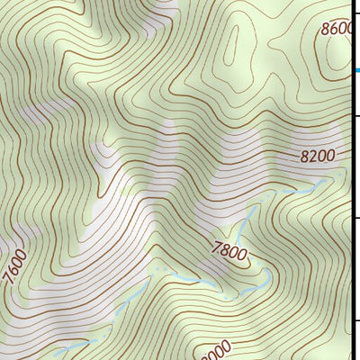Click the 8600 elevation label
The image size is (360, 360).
338,30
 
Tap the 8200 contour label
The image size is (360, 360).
317,156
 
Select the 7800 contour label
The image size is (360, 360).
229,251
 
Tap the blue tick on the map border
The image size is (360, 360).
355,70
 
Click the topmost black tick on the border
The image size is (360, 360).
355,115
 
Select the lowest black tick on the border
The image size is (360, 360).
355,320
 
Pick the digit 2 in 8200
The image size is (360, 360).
312,156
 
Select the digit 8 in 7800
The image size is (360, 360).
224,249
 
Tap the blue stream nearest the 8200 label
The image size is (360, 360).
306,186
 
